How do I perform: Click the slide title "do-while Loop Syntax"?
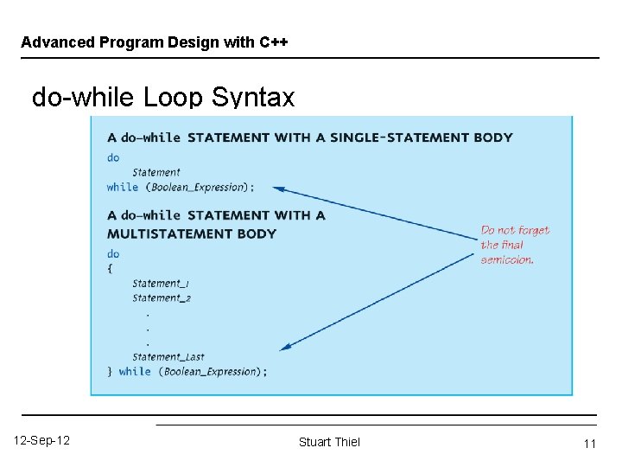(x=162, y=98)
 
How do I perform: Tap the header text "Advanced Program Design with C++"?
(x=155, y=42)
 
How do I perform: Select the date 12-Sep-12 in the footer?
(x=42, y=441)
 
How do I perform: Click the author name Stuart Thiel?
(x=329, y=442)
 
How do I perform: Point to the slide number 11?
(x=590, y=444)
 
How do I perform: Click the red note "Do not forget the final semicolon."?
(x=514, y=245)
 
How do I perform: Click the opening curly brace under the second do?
(x=111, y=269)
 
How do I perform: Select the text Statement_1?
(x=161, y=283)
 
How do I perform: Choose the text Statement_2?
(x=162, y=297)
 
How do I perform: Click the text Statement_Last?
(x=168, y=356)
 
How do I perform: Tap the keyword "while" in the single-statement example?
(x=123, y=187)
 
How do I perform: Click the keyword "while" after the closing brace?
(x=135, y=372)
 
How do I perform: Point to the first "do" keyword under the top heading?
(x=113, y=157)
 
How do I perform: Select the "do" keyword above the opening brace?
(x=113, y=253)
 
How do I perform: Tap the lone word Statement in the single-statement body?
(x=156, y=172)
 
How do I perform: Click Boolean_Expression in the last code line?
(x=211, y=372)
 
